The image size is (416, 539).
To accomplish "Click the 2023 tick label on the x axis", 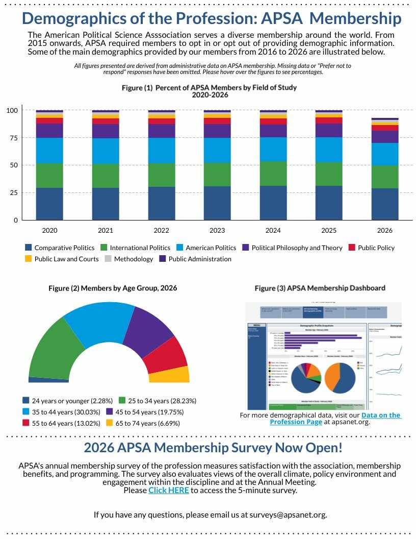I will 218,230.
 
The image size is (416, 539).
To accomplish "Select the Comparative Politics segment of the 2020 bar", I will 49,204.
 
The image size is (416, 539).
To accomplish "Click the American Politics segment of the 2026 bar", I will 385,154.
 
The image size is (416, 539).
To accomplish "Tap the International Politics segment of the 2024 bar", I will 273,174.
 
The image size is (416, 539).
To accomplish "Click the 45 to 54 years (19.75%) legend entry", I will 145,412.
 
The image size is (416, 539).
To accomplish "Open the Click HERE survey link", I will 169,490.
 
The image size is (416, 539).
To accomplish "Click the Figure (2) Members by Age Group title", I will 113,288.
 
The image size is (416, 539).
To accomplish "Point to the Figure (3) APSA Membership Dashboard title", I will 320,288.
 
